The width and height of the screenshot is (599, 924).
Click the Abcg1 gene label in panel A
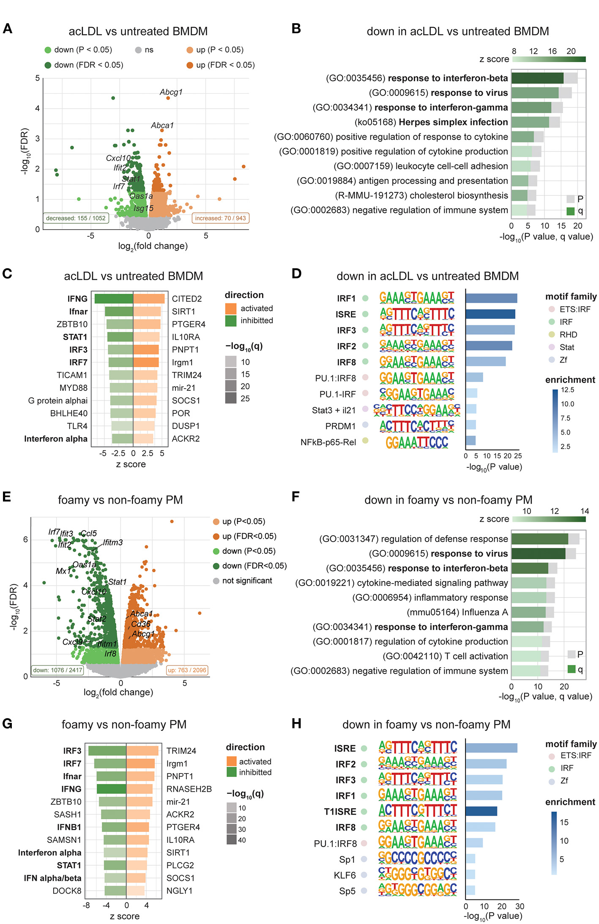point(171,92)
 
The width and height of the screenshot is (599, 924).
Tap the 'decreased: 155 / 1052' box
point(76,218)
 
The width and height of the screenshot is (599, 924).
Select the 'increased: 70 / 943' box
point(220,218)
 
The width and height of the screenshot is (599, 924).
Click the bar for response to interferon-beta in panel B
point(537,78)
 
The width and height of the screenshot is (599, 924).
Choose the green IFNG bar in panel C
point(114,299)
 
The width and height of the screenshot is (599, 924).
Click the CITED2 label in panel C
point(187,299)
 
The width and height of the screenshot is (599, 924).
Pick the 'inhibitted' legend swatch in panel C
point(231,321)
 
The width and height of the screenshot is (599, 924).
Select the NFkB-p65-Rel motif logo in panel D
point(417,442)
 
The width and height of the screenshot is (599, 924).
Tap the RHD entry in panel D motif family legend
point(568,335)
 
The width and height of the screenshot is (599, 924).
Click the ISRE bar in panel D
point(490,314)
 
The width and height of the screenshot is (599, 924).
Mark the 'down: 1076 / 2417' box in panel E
point(57,670)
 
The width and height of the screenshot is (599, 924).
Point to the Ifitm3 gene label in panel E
point(113,542)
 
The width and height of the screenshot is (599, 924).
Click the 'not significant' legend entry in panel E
point(247,581)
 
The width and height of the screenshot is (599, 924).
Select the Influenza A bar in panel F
point(528,612)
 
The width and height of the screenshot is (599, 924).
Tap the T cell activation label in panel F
point(445,656)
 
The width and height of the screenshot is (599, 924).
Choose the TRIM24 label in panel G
point(181,751)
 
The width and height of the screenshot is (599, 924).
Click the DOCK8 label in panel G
point(67,891)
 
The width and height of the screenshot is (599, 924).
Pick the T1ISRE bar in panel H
point(481,811)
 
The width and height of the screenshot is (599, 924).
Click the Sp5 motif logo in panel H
point(417,891)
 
